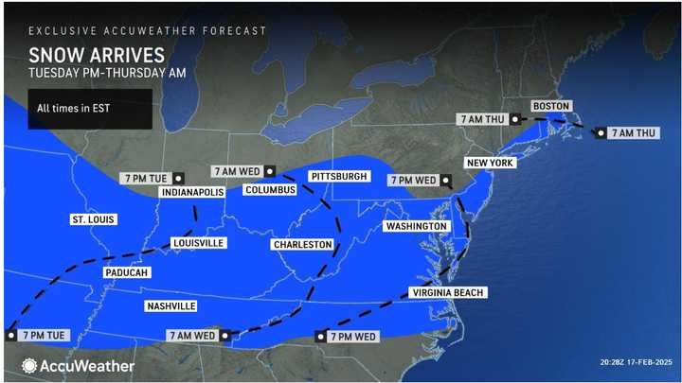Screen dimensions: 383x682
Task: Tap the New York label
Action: click(x=489, y=163)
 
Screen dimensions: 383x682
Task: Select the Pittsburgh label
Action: click(x=338, y=177)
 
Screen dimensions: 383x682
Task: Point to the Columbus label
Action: click(x=270, y=189)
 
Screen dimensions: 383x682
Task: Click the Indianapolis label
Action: click(x=192, y=192)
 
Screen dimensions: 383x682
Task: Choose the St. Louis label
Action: click(x=94, y=219)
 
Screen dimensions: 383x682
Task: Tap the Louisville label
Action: click(x=199, y=243)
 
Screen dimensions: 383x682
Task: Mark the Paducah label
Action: click(x=127, y=272)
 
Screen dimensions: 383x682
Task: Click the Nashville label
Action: click(x=170, y=305)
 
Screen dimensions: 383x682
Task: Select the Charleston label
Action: click(x=302, y=244)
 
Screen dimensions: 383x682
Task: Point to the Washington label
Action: click(x=415, y=227)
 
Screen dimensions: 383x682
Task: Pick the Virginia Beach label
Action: click(x=448, y=293)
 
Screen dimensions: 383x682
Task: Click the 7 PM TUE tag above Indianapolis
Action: click(x=153, y=177)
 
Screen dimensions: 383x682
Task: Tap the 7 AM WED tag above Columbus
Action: click(x=239, y=171)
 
